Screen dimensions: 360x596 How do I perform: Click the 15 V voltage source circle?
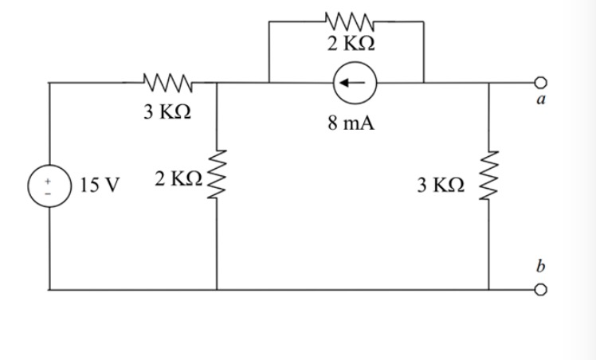click(x=49, y=186)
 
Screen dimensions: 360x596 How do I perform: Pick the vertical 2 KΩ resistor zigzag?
click(x=217, y=180)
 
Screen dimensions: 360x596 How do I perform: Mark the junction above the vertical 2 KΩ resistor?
click(x=217, y=82)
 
